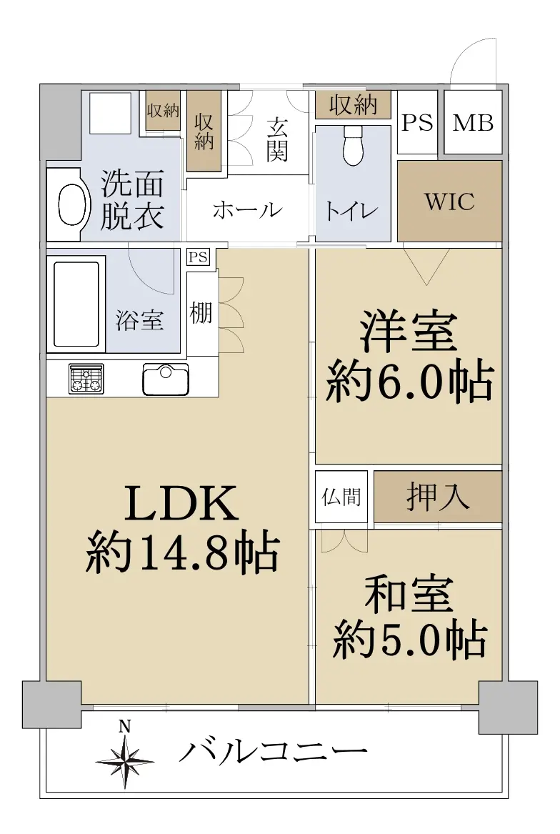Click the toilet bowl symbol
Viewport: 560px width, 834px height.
353,146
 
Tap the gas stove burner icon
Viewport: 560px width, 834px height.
86,378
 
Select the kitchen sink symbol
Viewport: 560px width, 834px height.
166,379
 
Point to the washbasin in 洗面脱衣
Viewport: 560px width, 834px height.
71,205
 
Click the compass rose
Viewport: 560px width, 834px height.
126,759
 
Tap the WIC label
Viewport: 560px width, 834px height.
449,202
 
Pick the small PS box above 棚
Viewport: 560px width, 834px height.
199,257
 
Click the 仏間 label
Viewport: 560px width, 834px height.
341,497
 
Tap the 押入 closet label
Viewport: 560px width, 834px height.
438,496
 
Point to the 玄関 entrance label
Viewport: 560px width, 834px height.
277,139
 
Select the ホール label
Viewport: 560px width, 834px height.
247,210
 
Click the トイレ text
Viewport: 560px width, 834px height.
351,211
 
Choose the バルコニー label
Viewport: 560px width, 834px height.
273,752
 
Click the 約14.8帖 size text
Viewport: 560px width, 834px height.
182,553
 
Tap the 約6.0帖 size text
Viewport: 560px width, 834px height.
409,382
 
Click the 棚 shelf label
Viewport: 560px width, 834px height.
201,313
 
